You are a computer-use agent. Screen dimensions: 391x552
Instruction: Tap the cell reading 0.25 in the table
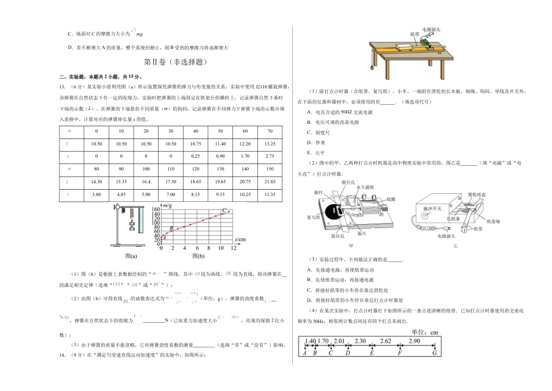196,157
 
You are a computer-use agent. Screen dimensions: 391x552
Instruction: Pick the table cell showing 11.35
270,194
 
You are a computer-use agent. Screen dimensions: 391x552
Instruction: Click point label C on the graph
224,209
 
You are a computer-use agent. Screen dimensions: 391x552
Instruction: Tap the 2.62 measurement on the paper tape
385,340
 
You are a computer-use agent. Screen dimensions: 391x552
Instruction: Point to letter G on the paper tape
433,353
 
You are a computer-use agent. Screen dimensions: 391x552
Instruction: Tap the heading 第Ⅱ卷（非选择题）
175,62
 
